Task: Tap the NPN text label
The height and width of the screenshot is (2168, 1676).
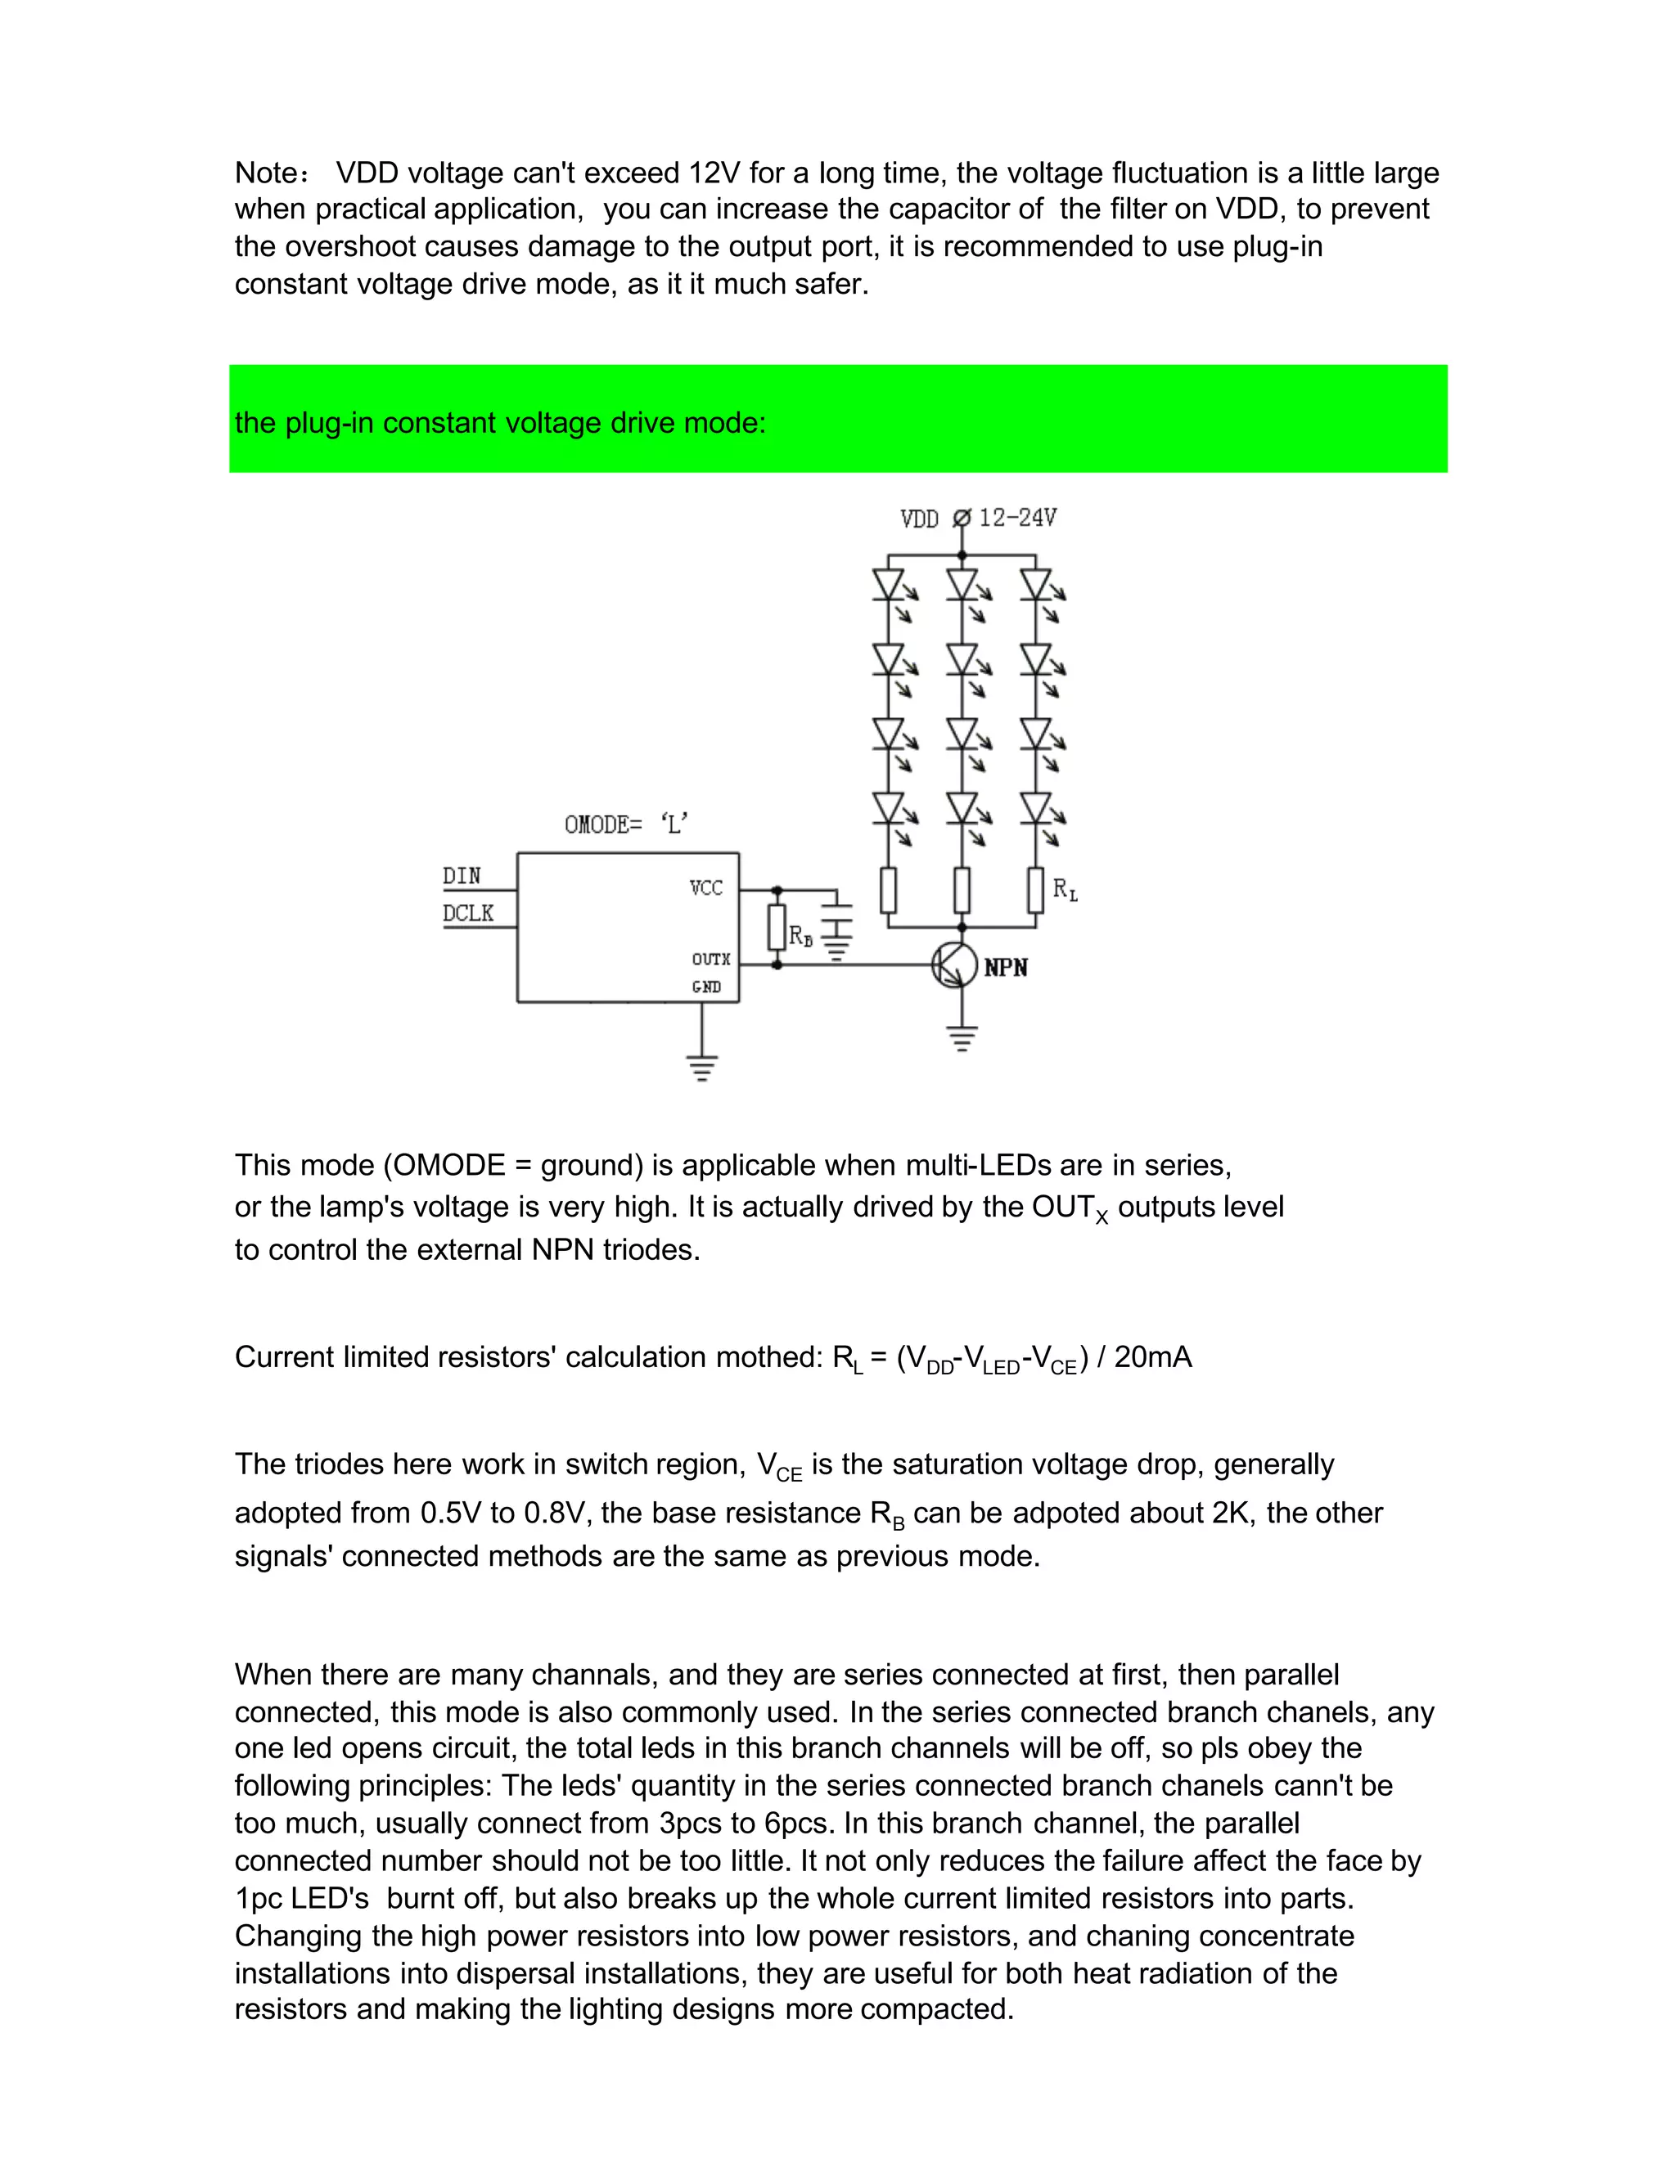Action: pos(1006,968)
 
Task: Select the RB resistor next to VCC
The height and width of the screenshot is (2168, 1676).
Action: pos(777,926)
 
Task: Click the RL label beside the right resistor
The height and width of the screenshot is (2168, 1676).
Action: pos(1065,889)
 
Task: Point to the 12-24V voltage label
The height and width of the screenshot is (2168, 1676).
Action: pos(1018,518)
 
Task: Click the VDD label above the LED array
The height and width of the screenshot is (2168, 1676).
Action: pos(918,520)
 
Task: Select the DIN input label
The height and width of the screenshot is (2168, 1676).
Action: pos(462,875)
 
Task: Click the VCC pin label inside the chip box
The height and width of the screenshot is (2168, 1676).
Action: pos(706,888)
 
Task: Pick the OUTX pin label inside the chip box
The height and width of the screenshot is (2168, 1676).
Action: pos(711,959)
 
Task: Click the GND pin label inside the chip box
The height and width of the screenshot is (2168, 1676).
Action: pos(706,987)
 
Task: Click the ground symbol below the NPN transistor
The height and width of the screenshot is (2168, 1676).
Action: pos(961,1038)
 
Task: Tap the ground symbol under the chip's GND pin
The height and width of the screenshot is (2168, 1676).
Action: pos(701,1068)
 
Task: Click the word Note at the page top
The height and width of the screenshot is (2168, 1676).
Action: pos(267,173)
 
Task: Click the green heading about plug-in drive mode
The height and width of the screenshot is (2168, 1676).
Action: pos(500,423)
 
